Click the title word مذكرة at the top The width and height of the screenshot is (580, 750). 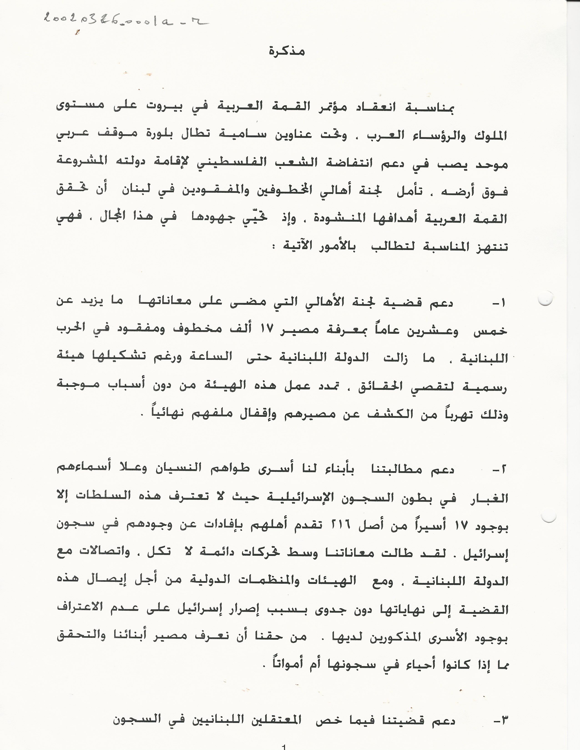(287, 52)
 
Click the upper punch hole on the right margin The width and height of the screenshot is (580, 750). (545, 299)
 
